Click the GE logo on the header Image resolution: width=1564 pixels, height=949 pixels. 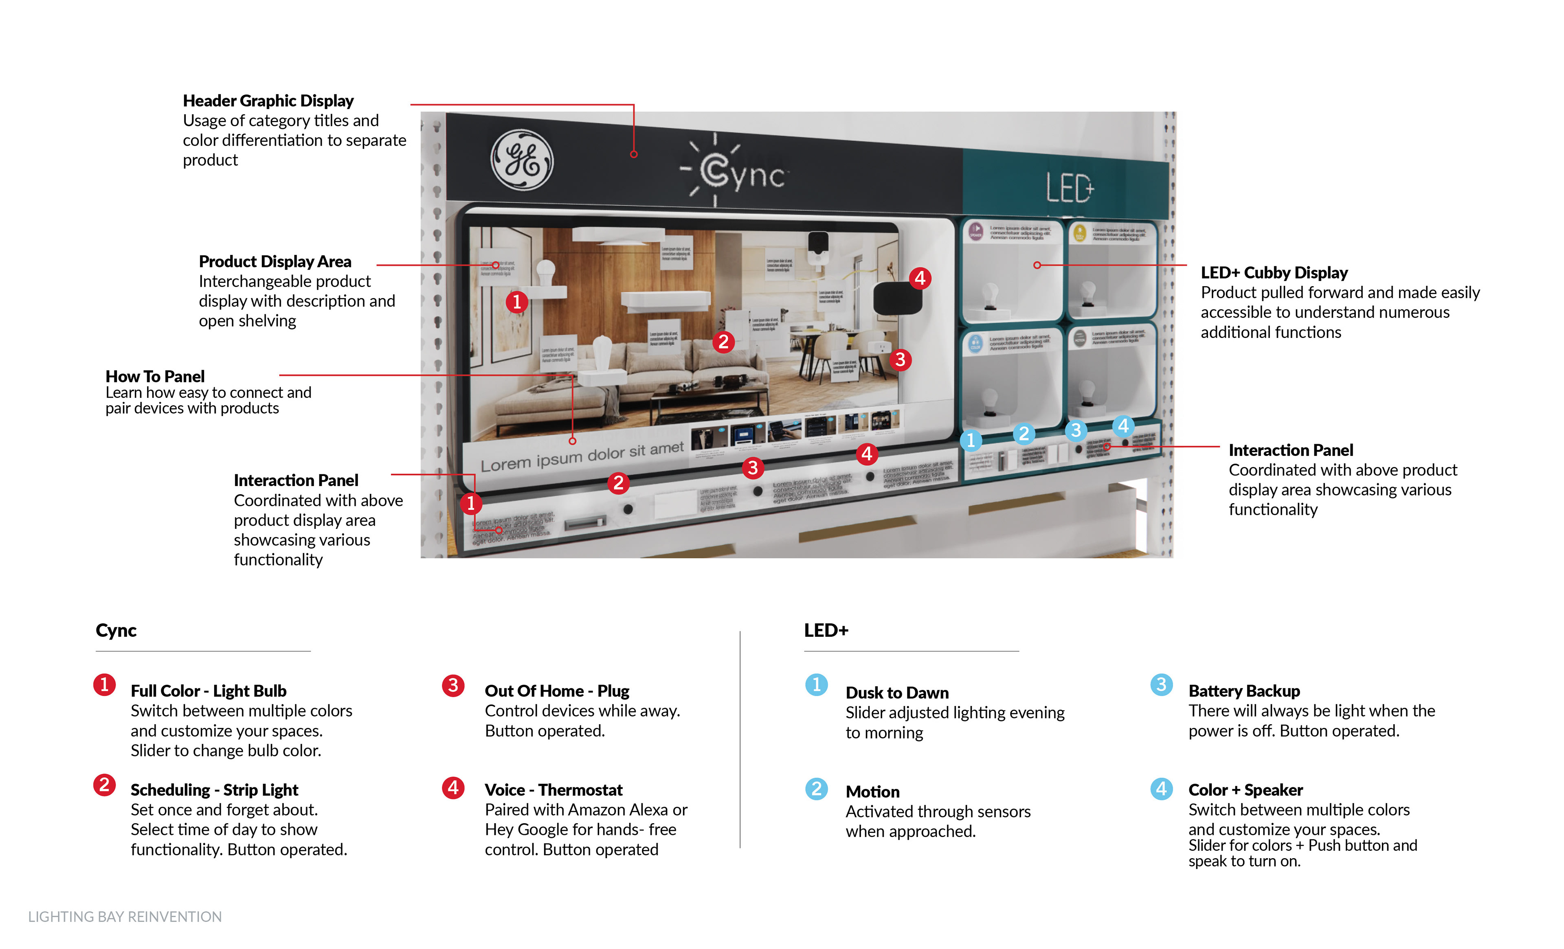point(522,160)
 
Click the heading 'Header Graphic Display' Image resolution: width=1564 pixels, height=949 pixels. point(268,101)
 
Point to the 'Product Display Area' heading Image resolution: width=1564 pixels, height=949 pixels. point(275,261)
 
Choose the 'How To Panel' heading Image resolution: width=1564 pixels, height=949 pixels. point(155,376)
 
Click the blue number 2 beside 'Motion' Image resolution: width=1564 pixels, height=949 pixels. point(816,789)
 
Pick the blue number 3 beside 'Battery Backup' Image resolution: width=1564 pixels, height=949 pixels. point(1161,684)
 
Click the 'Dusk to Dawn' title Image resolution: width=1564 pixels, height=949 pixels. point(897,693)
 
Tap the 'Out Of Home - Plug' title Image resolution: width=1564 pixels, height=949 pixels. point(557,691)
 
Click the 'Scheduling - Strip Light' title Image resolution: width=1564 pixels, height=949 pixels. point(214,790)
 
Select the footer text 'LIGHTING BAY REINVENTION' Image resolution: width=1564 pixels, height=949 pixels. point(125,917)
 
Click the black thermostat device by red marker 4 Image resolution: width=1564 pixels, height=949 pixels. point(897,298)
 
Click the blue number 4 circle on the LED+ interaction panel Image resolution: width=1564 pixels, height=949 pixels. point(1123,426)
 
